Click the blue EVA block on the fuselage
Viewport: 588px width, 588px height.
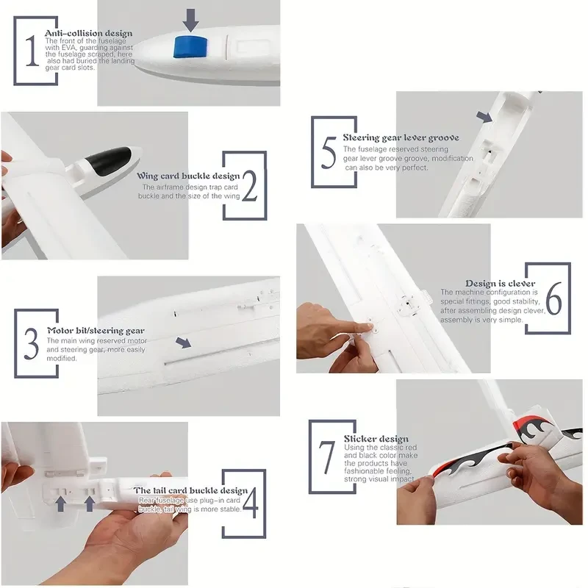(188, 46)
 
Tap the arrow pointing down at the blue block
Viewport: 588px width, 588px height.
(190, 20)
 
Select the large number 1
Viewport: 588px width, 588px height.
(31, 52)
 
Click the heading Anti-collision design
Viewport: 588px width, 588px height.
(88, 33)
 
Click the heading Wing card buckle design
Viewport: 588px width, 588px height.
(188, 176)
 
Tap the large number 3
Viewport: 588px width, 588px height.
(31, 343)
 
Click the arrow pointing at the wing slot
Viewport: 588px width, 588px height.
(183, 342)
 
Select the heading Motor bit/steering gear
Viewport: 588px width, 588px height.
(96, 331)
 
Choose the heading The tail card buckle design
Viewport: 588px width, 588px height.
(190, 490)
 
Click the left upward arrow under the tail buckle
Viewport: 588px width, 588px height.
(62, 503)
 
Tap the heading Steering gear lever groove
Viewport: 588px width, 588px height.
(401, 137)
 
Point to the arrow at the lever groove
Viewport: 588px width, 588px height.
(484, 117)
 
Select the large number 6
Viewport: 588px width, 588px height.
(553, 300)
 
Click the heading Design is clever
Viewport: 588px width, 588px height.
(500, 283)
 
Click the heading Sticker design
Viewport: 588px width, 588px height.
(376, 439)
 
